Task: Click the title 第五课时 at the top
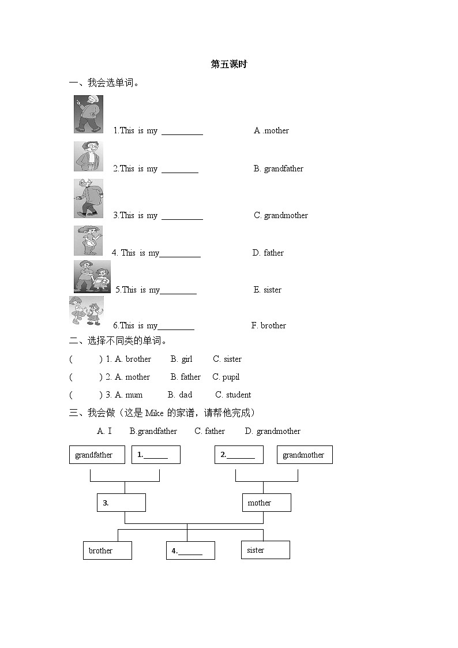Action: pos(229,64)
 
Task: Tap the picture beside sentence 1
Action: pos(88,114)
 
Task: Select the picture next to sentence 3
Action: pos(88,198)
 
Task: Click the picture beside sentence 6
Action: pos(86,311)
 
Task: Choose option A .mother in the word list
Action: pos(271,130)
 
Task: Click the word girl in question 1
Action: pos(187,359)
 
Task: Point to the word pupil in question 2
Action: pos(231,377)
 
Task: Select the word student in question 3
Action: pos(238,395)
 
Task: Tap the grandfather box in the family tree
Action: pos(93,455)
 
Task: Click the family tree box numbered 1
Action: pos(156,455)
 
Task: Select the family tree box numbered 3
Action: pos(121,503)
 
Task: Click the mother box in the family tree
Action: pos(266,503)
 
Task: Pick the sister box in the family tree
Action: pos(265,550)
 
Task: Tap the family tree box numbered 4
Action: pos(190,550)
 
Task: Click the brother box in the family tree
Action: pos(107,550)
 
